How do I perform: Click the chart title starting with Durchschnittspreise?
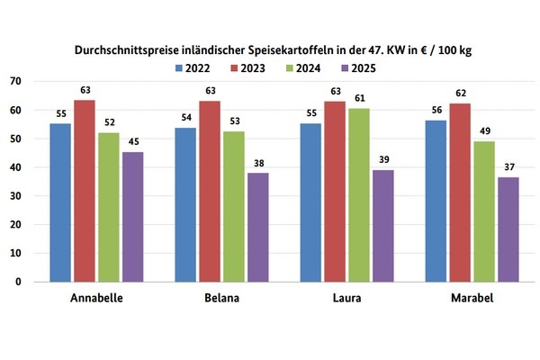pos(272,51)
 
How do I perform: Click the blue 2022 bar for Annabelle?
pos(60,202)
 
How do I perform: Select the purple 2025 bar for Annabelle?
pos(132,217)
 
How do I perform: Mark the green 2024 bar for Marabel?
pos(483,211)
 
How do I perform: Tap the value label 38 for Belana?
pos(257,165)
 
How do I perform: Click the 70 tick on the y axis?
pos(15,82)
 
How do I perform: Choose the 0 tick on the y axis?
pos(18,282)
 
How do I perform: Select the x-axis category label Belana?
pos(220,299)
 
